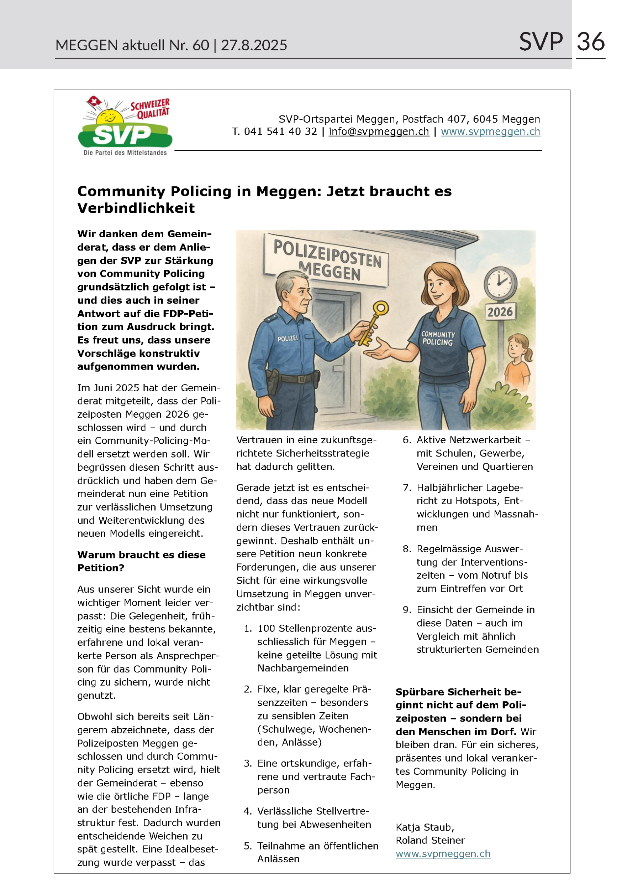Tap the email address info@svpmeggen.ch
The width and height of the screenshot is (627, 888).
[379, 131]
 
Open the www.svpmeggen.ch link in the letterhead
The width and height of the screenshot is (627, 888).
[490, 131]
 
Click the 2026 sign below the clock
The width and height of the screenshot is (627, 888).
[500, 312]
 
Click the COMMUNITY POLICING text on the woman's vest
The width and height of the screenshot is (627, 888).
[438, 338]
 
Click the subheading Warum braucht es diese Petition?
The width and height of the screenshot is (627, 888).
[141, 561]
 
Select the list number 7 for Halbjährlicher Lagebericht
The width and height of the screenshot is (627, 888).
[407, 488]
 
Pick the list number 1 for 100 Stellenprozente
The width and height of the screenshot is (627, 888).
[248, 629]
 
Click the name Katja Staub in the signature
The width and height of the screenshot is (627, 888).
[425, 827]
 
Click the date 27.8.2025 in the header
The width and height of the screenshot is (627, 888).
[254, 46]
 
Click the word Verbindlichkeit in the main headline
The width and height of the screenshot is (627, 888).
[136, 208]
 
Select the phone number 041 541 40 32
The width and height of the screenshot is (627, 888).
[280, 131]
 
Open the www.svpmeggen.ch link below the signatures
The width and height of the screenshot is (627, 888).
[443, 853]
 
